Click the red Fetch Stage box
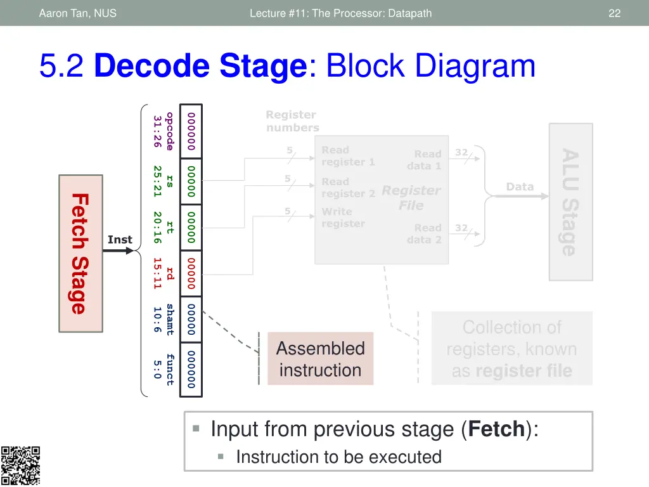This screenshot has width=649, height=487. (x=80, y=254)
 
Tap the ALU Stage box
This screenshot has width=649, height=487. (x=570, y=202)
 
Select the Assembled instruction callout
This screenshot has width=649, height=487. (x=320, y=359)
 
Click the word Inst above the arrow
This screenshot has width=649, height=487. (x=120, y=240)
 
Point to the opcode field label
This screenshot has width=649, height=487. (x=169, y=131)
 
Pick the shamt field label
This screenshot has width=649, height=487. (x=169, y=320)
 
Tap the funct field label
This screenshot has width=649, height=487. (x=169, y=369)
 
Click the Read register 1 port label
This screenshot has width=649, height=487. (x=348, y=156)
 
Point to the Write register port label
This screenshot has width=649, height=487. (x=343, y=218)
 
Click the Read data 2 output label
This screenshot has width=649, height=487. (x=424, y=233)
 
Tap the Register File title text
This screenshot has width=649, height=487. (x=411, y=198)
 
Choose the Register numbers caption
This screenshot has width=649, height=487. (x=292, y=121)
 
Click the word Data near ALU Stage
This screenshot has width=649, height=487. (x=520, y=186)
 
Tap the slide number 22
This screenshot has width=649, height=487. (x=614, y=13)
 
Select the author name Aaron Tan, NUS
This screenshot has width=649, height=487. (x=77, y=13)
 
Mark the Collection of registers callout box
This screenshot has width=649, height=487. (x=511, y=349)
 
